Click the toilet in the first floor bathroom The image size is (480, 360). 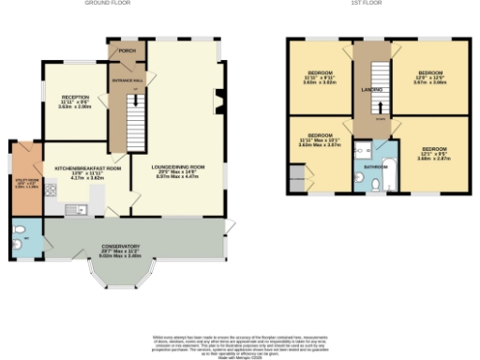(373, 187)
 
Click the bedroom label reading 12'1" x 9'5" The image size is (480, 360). (433, 153)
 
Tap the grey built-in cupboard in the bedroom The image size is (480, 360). (298, 181)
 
